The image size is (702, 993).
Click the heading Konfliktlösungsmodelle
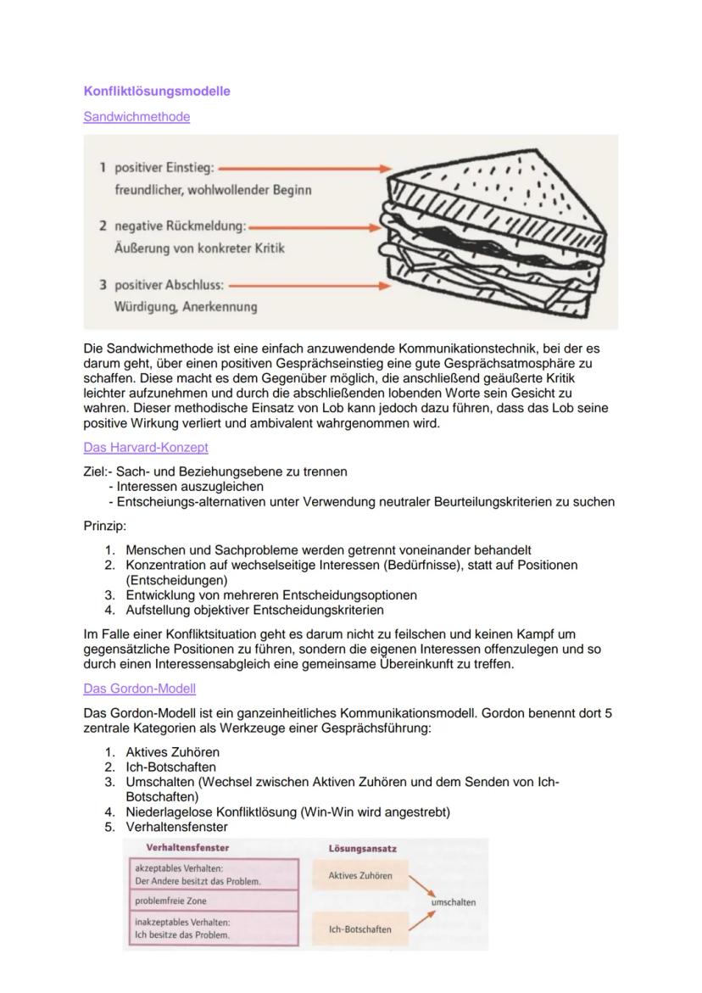(157, 91)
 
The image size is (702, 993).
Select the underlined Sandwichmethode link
(136, 117)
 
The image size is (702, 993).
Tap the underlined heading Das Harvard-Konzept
(146, 447)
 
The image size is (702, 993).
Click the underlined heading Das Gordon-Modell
(140, 689)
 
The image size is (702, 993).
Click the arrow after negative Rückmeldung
(317, 228)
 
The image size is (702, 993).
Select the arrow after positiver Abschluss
(309, 287)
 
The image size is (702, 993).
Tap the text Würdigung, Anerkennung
(186, 306)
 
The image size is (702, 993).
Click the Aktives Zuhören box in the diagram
(360, 875)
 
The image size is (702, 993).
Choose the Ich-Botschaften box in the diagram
(360, 929)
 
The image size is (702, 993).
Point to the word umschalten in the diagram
(454, 902)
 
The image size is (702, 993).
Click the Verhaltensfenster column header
(187, 847)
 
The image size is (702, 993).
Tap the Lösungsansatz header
(362, 848)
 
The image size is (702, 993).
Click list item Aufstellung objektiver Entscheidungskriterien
(254, 610)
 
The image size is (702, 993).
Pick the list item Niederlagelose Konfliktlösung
(288, 812)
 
